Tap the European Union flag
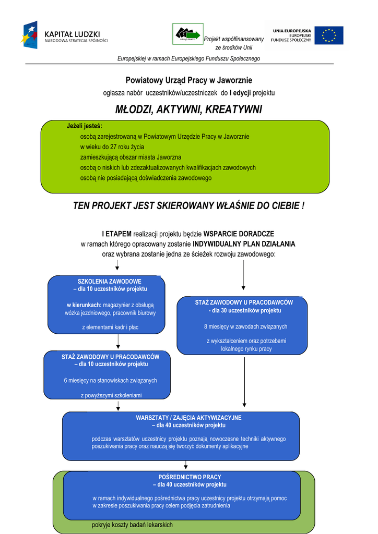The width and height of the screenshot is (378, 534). pyautogui.click(x=329, y=35)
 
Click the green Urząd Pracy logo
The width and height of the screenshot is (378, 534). pyautogui.click(x=187, y=34)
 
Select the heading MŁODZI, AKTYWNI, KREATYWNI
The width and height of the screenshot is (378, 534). pyautogui.click(x=188, y=110)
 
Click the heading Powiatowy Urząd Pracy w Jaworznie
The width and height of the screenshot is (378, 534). pyautogui.click(x=188, y=80)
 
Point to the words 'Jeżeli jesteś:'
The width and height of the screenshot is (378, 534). pyautogui.click(x=85, y=126)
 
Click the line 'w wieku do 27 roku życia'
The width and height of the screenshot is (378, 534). pyautogui.click(x=112, y=147)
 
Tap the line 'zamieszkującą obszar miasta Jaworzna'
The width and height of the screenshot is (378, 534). pyautogui.click(x=131, y=157)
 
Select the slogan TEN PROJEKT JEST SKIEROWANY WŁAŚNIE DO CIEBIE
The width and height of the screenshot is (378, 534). pyautogui.click(x=188, y=206)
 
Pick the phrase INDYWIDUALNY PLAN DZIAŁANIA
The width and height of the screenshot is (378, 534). pyautogui.click(x=244, y=244)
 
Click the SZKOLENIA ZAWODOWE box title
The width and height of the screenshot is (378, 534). pyautogui.click(x=110, y=281)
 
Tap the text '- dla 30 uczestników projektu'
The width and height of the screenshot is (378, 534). pyautogui.click(x=245, y=310)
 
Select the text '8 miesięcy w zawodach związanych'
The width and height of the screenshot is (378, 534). pyautogui.click(x=245, y=326)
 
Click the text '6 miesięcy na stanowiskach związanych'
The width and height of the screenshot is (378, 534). pyautogui.click(x=110, y=380)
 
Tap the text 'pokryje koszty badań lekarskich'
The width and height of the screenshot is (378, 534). pyautogui.click(x=132, y=525)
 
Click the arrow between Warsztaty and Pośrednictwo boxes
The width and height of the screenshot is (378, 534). pyautogui.click(x=185, y=465)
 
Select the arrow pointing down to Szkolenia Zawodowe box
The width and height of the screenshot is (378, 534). pyautogui.click(x=117, y=266)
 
